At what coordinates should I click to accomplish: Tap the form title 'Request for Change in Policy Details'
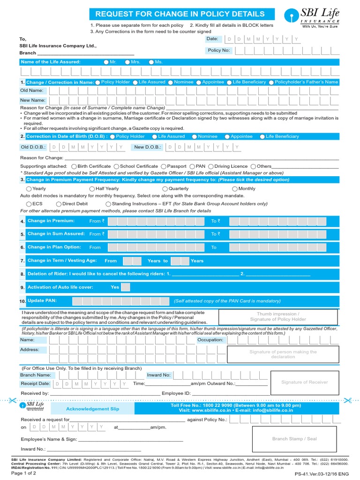[x=180, y=14]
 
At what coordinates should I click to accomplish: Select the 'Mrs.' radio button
[x=127, y=62]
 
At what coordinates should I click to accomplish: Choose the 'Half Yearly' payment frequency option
[x=92, y=189]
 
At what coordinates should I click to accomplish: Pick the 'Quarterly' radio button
[x=165, y=189]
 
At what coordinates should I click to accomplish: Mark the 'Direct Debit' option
[x=59, y=204]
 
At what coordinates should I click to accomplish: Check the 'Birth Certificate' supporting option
[x=75, y=166]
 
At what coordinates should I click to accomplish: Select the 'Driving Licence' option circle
[x=211, y=166]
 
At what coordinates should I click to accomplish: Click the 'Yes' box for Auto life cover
[x=125, y=287]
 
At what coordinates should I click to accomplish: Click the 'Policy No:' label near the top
[x=218, y=50]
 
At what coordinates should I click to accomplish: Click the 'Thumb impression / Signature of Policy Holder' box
[x=277, y=316]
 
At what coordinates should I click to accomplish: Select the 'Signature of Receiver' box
[x=304, y=382]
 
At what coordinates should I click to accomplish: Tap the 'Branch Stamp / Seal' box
[x=294, y=439]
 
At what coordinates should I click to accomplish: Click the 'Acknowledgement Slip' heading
[x=92, y=409]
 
